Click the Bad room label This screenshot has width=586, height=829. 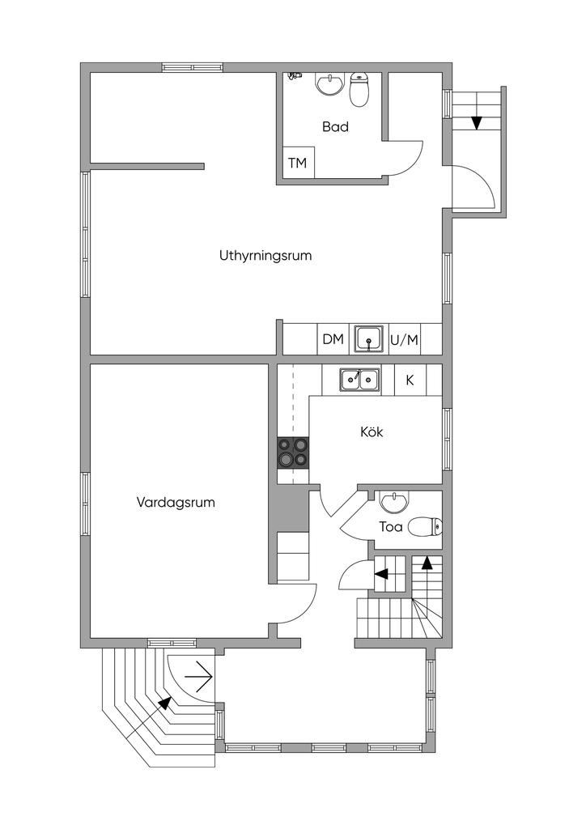tap(335, 127)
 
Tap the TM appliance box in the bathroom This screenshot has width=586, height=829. tap(298, 164)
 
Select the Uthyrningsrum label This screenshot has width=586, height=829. tap(265, 256)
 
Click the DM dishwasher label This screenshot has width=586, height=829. tap(333, 339)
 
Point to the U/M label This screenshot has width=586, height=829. tap(404, 340)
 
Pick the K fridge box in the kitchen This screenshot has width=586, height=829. tap(410, 379)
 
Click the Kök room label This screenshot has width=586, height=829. tap(372, 432)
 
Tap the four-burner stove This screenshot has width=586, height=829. tap(293, 452)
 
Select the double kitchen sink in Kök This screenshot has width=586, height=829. tap(360, 378)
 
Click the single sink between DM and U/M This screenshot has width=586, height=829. tap(370, 339)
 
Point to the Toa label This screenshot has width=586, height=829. tap(391, 528)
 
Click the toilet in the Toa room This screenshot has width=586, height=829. tap(425, 528)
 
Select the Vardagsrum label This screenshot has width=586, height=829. tap(176, 502)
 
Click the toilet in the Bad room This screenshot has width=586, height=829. tap(359, 91)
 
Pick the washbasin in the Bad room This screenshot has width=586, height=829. tap(329, 84)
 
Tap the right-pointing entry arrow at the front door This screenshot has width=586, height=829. tap(198, 673)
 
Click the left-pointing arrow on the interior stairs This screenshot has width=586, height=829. tap(380, 574)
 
